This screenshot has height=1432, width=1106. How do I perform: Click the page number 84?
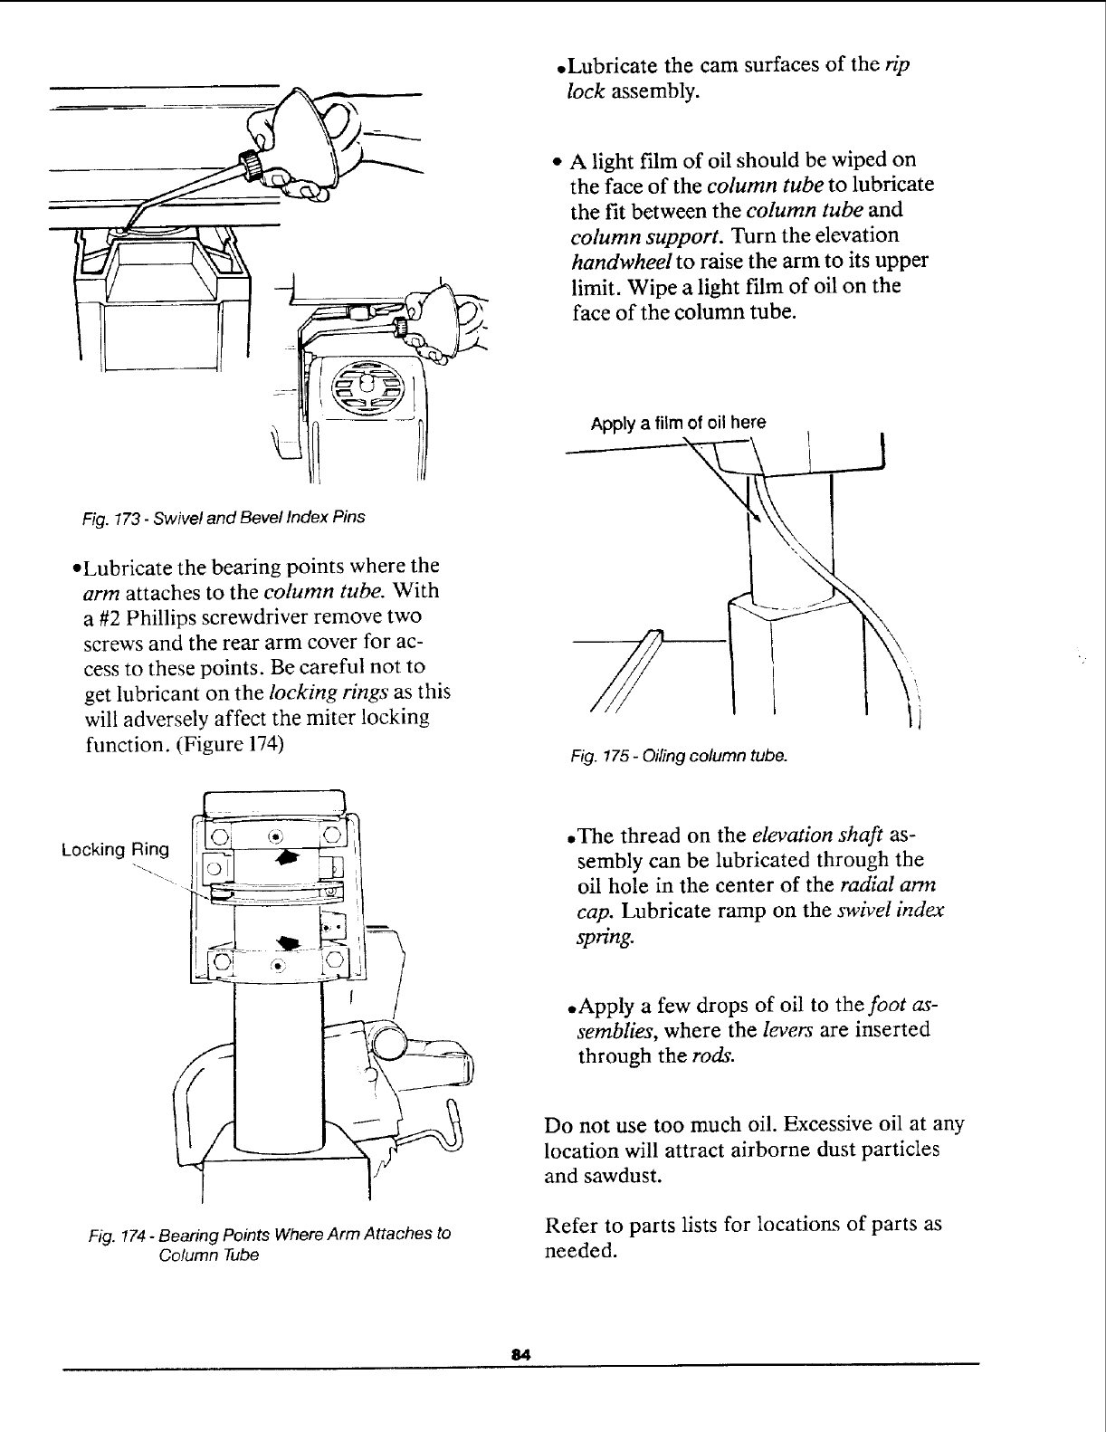[x=519, y=1353]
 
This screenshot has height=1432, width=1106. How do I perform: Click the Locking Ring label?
[x=115, y=849]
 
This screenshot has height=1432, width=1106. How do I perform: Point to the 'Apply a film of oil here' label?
[x=678, y=423]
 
